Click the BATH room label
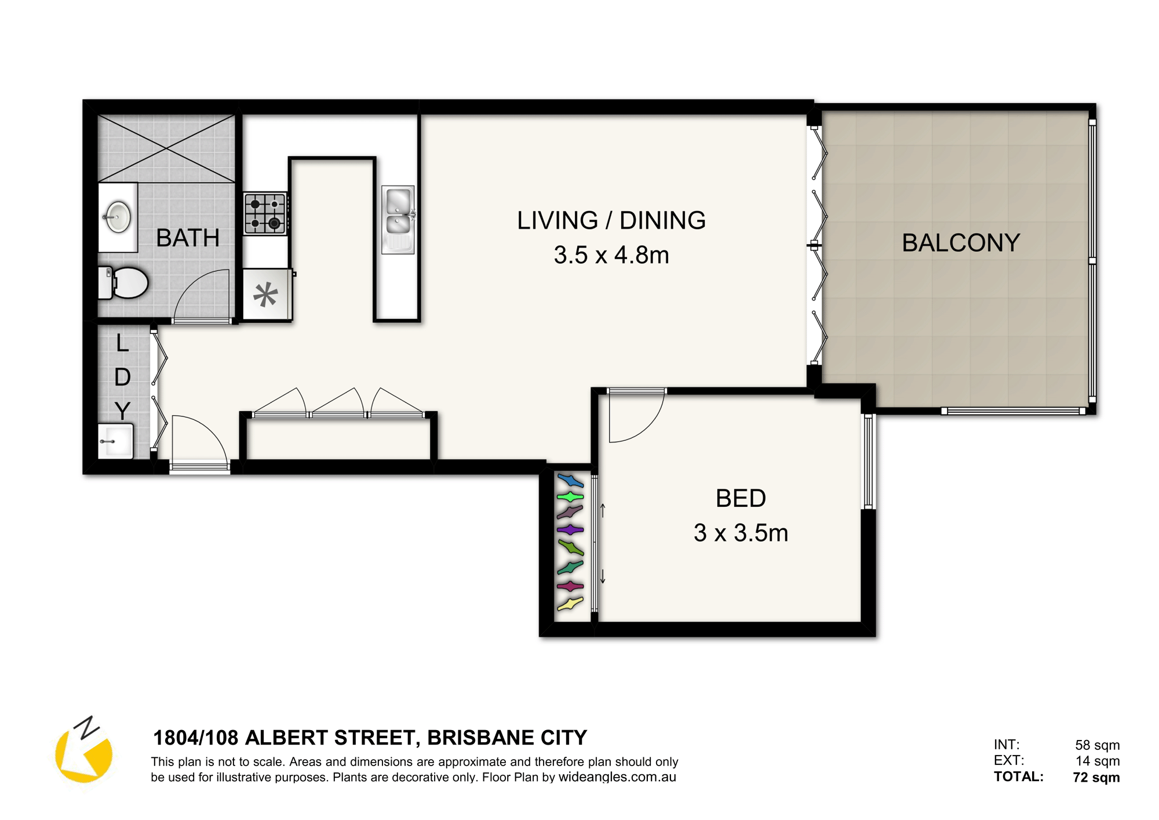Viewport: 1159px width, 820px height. (x=188, y=238)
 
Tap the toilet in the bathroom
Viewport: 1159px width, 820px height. (x=123, y=282)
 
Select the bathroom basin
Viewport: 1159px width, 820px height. (x=118, y=217)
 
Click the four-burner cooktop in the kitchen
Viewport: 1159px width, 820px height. (x=265, y=213)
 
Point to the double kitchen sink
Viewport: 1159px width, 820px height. (x=398, y=219)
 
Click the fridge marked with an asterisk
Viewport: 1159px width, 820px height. (x=267, y=294)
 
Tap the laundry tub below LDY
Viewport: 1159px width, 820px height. (x=115, y=441)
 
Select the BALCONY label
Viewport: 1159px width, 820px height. (x=961, y=242)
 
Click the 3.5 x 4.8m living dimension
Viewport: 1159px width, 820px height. (x=611, y=255)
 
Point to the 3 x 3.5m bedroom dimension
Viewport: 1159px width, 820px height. (x=741, y=533)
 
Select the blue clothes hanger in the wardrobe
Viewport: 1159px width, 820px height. (x=571, y=480)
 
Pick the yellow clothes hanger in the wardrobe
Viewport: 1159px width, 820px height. (x=570, y=604)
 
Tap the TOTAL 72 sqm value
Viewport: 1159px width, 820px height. (x=1096, y=777)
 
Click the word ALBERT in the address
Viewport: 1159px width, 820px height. (x=287, y=738)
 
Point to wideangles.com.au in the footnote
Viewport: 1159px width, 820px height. (x=617, y=777)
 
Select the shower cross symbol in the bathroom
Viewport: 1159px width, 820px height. (x=166, y=148)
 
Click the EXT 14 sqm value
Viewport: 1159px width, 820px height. (x=1098, y=761)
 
